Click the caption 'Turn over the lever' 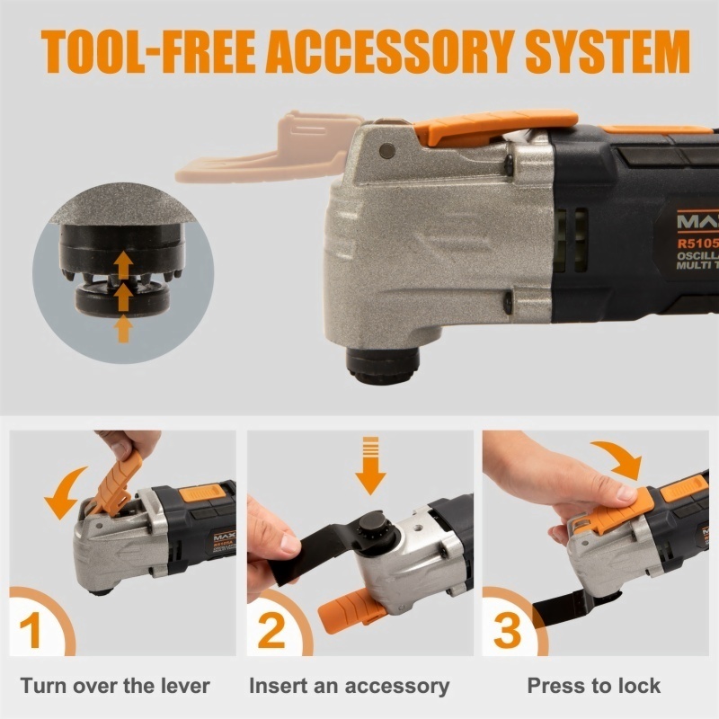click(x=115, y=686)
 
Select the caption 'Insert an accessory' click(x=349, y=686)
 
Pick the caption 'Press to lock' click(x=594, y=686)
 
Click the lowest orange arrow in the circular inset click(x=124, y=329)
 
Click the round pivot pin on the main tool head click(x=387, y=149)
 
